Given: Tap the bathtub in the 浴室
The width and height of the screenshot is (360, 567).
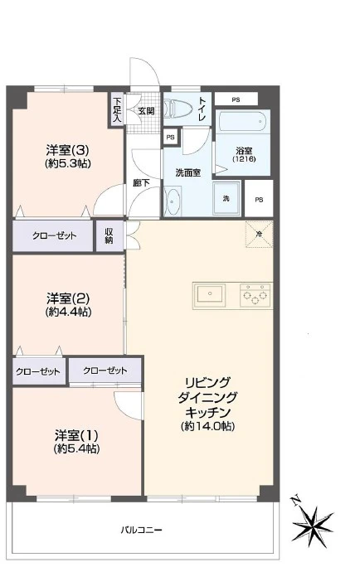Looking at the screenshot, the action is click(x=243, y=122).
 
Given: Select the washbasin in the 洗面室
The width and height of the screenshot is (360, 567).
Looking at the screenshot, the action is click(x=173, y=201).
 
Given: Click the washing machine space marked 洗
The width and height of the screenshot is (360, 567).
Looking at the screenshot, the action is click(x=226, y=198).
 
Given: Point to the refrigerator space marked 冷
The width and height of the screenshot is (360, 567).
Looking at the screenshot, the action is click(x=259, y=235).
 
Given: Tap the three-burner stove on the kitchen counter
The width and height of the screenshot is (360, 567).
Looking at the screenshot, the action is click(x=255, y=295).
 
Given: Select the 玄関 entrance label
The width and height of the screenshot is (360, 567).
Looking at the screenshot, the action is click(x=146, y=110).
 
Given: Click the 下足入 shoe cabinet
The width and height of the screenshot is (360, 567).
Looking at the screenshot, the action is click(x=116, y=109).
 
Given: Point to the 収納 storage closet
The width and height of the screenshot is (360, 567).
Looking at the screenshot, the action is click(x=109, y=235).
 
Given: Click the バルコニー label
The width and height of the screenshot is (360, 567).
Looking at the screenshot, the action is click(x=142, y=531).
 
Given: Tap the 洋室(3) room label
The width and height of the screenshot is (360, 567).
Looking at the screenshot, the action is click(x=68, y=149).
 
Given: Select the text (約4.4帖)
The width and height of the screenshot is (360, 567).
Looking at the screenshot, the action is click(x=68, y=312).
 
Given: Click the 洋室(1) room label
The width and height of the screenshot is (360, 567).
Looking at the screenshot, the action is click(x=76, y=434).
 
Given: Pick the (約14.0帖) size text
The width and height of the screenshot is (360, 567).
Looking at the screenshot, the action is click(x=208, y=426).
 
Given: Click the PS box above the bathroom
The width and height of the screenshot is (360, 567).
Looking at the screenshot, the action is click(x=236, y=99).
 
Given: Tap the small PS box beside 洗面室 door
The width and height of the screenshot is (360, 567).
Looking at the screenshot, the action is click(x=170, y=138).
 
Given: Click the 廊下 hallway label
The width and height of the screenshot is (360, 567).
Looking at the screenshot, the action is click(x=142, y=183).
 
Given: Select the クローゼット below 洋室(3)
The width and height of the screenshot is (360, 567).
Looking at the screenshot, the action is click(x=53, y=235).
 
